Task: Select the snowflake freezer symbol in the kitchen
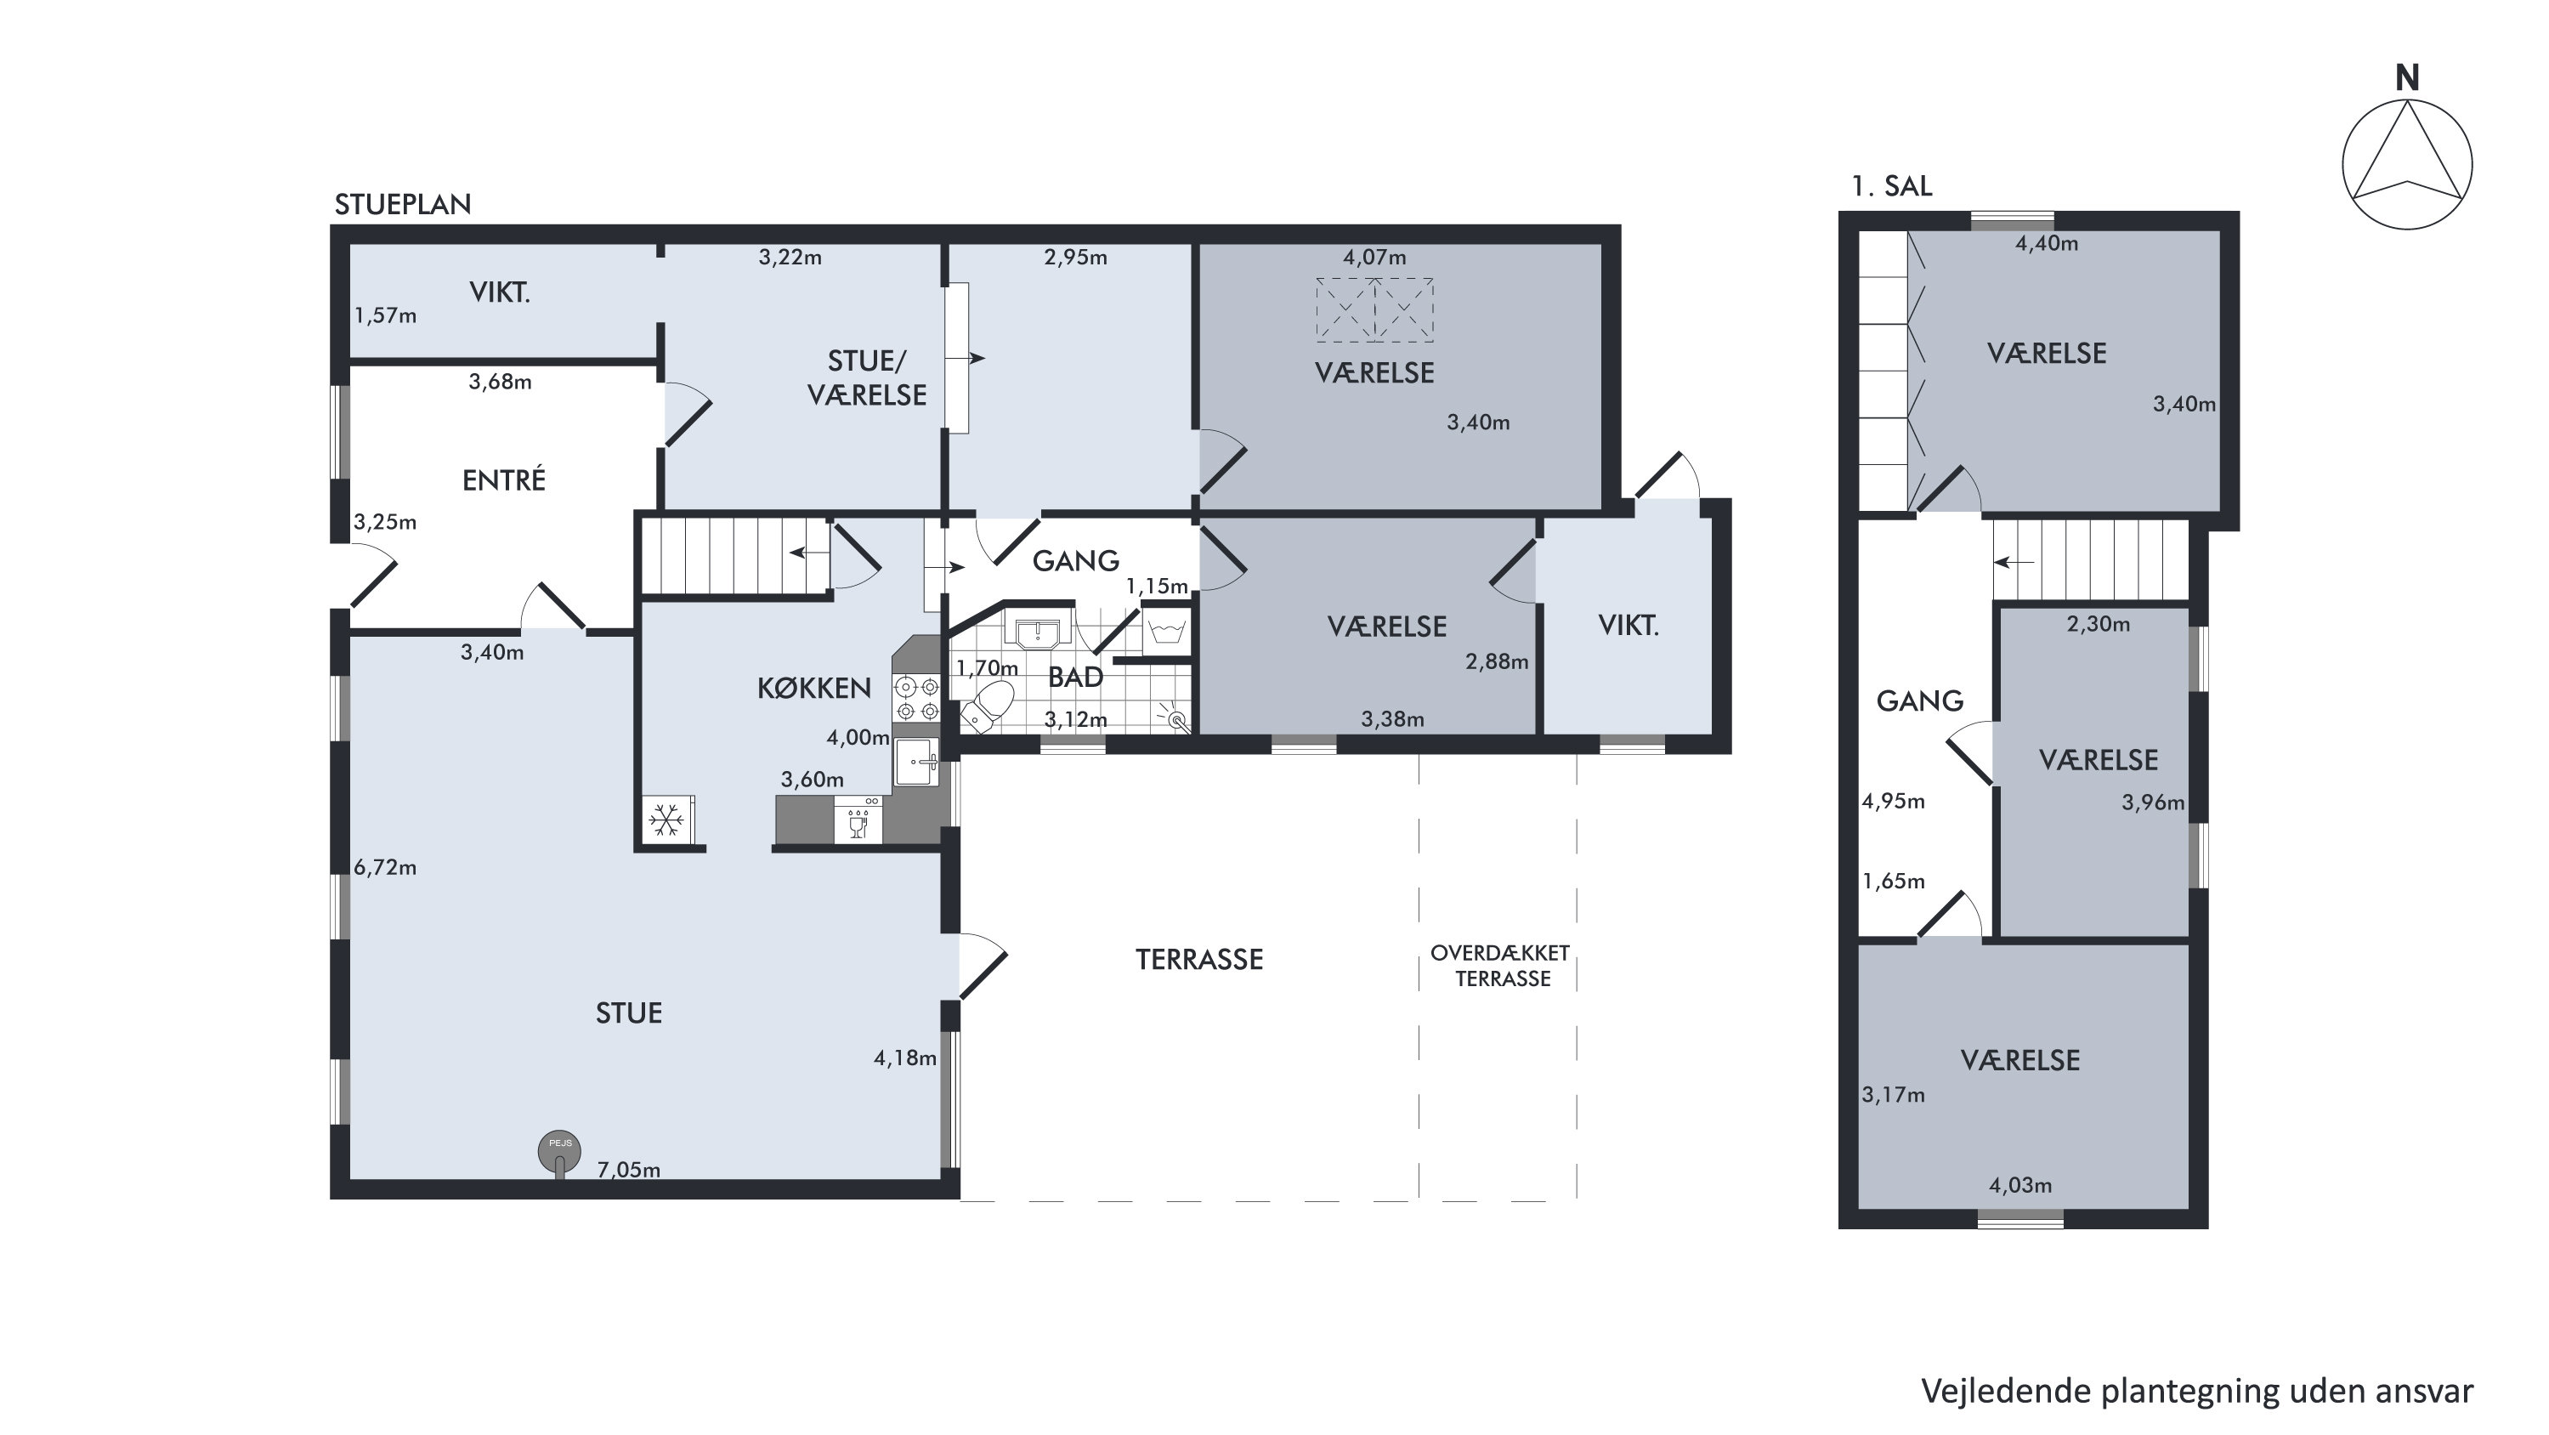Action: pos(667,820)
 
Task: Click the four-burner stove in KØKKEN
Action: pos(916,697)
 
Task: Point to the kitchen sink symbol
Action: pos(916,762)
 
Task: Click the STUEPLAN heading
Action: pos(403,205)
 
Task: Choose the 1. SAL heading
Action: pos(1891,186)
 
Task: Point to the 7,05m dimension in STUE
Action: pos(628,1170)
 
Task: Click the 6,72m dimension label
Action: pos(385,868)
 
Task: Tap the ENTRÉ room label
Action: pos(504,480)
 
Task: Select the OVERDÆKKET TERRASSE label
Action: pos(1500,966)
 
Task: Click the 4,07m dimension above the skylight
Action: pos(1374,258)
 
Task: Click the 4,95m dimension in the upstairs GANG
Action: pos(1893,802)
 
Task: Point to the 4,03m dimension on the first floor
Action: pos(2019,1184)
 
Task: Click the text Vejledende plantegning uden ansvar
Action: pos(2197,1392)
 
